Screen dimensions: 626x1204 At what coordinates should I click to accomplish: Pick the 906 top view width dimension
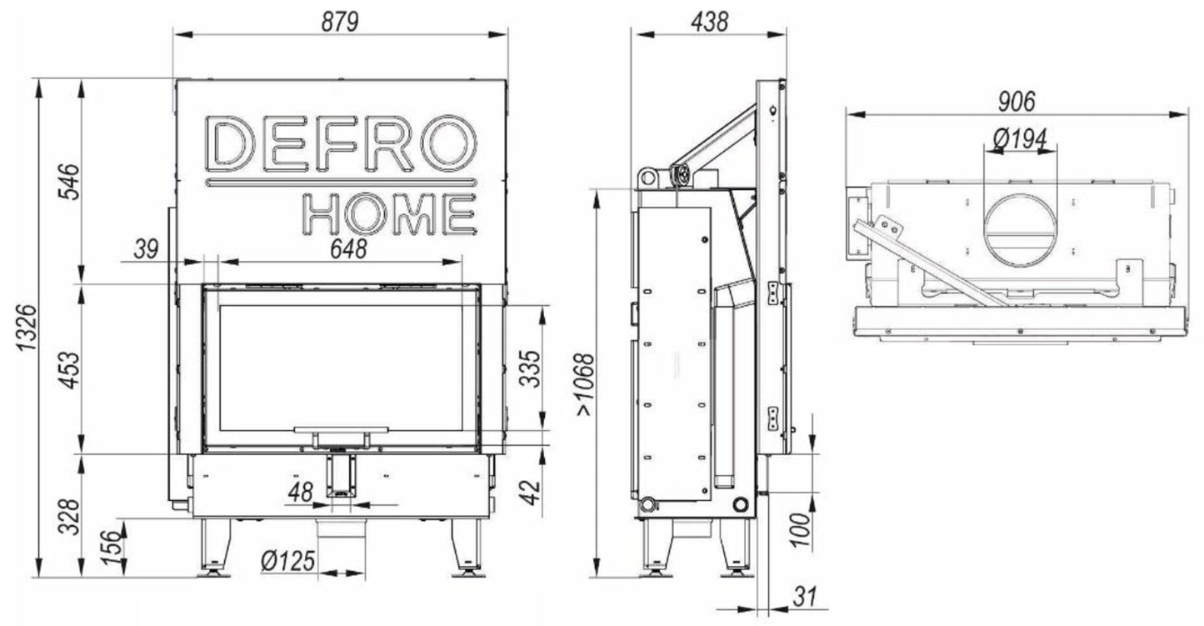(x=1016, y=101)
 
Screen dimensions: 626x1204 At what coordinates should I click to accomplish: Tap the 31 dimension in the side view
(x=802, y=596)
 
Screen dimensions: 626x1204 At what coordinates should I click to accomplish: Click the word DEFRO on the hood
(x=341, y=143)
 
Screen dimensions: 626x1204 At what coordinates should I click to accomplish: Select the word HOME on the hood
(x=389, y=213)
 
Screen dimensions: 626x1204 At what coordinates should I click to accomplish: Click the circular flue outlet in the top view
(x=1020, y=228)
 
